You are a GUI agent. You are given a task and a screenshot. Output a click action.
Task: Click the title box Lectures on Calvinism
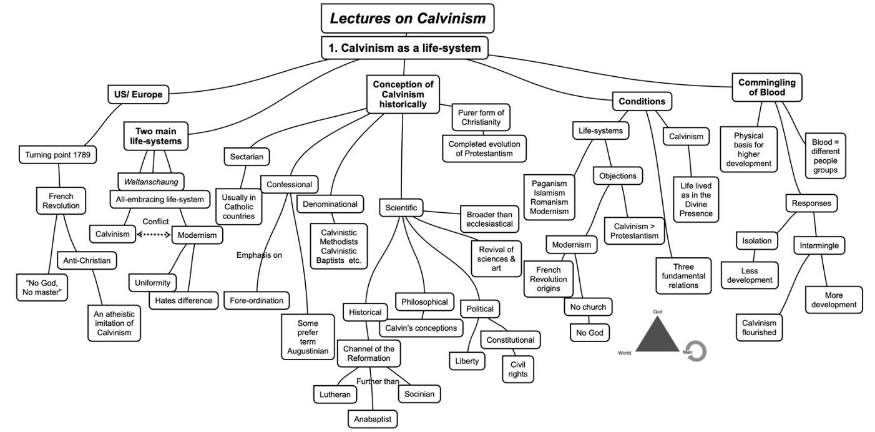click(408, 18)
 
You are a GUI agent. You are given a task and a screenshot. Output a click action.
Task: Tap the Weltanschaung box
click(150, 182)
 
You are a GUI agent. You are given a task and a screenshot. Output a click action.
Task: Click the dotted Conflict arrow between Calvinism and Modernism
click(153, 235)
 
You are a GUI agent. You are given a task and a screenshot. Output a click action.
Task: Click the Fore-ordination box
click(257, 300)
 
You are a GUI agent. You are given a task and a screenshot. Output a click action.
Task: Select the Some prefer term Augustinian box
click(308, 337)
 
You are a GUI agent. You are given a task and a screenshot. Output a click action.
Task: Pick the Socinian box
click(419, 394)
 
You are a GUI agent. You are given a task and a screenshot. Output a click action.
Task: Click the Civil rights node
click(519, 369)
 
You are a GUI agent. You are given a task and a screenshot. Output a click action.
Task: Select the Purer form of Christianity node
click(481, 117)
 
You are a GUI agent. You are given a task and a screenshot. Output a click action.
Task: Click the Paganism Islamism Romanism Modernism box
click(549, 197)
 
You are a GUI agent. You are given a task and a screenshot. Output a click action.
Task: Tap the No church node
click(588, 307)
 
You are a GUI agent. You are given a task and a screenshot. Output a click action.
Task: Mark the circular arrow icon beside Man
click(697, 351)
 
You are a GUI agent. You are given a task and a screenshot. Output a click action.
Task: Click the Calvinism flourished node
click(759, 327)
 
